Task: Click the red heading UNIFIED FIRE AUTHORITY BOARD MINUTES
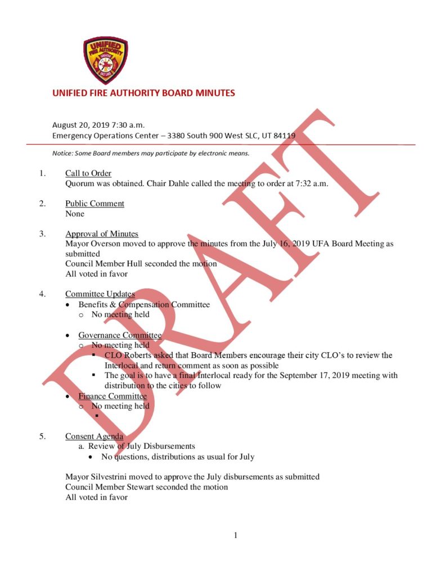(143, 93)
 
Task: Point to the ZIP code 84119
(284, 136)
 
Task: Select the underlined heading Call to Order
(88, 173)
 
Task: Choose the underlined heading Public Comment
(95, 204)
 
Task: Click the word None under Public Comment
(75, 214)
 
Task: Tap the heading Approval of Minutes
(101, 234)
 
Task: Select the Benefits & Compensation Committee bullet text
(143, 305)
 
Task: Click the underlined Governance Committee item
(119, 335)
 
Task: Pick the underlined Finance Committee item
(112, 396)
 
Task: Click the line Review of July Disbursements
(141, 447)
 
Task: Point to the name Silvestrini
(109, 477)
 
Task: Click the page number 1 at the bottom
(235, 535)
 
